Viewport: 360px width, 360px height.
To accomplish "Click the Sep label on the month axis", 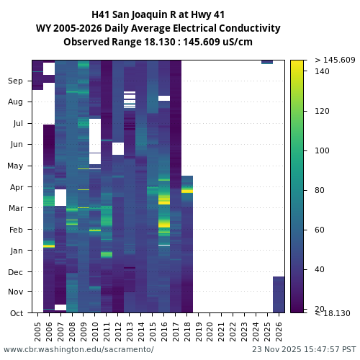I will [x=16, y=81].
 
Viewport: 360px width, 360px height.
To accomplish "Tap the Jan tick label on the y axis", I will [x=16, y=251].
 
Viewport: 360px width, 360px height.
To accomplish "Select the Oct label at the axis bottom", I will [x=16, y=313].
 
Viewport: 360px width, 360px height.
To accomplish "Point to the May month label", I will [x=16, y=166].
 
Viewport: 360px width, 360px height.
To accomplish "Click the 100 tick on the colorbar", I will [x=322, y=150].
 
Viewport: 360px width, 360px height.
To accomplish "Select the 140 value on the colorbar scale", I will [x=322, y=71].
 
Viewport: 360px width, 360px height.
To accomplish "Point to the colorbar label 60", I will [x=320, y=230].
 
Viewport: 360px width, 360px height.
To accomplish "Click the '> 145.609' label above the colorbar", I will [x=335, y=60].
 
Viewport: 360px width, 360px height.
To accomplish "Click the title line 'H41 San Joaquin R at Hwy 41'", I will [x=158, y=14].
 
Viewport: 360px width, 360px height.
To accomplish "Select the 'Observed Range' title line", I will [x=158, y=42].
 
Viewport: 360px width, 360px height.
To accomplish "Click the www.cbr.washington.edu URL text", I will [x=78, y=349].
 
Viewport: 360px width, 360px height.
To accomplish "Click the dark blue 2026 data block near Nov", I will [x=279, y=294].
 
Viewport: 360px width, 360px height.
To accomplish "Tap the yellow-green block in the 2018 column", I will [x=187, y=190].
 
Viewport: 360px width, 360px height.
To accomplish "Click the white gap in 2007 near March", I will [x=60, y=197].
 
